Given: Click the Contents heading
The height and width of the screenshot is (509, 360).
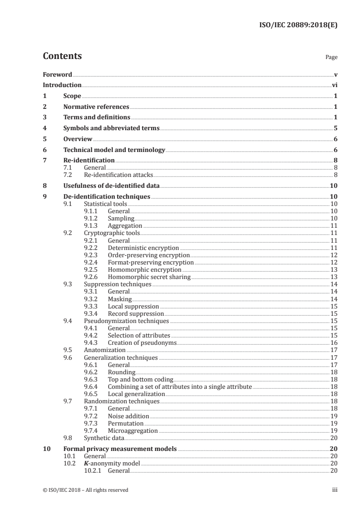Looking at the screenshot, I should tap(62, 56).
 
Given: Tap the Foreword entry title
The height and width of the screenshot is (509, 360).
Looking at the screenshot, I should tap(57, 74).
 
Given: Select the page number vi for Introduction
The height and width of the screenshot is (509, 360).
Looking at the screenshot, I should tap(335, 85).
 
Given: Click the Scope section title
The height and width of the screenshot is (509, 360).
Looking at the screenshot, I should tap(72, 96).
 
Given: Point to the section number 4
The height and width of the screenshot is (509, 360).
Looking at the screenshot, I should tap(44, 128).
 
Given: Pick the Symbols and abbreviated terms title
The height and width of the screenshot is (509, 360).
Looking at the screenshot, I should tap(111, 128).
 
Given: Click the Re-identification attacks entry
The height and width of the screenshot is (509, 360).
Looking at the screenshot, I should tap(118, 175).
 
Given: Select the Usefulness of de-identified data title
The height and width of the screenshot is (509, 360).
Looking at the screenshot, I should tap(111, 186).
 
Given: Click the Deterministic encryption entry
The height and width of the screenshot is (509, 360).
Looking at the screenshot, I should tap(143, 248).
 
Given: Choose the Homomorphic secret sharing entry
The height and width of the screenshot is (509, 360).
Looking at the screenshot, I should tap(149, 277).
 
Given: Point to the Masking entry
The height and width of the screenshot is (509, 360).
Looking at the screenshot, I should tap(119, 299).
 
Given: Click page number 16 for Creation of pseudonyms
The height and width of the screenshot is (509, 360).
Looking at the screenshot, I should tap(334, 343).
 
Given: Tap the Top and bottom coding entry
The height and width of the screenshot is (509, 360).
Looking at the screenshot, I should tap(140, 379).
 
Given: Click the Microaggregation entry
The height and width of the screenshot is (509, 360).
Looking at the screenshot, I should tap(133, 431).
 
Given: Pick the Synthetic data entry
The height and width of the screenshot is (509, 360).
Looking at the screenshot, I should tap(104, 438).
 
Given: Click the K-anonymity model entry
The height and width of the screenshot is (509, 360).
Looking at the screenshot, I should tap(112, 463).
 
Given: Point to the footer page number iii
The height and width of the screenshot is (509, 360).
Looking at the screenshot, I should tap(335, 490).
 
